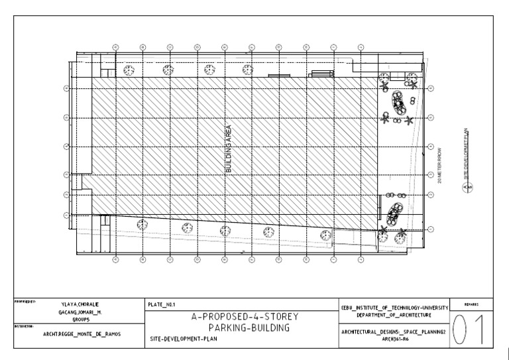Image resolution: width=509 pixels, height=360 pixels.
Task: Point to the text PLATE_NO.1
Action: click(x=161, y=304)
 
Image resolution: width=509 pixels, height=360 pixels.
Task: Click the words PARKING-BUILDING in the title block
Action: click(x=239, y=328)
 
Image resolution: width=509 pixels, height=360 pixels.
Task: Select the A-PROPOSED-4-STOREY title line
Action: click(x=239, y=318)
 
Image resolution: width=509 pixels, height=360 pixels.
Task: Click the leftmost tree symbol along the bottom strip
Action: click(x=141, y=224)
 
